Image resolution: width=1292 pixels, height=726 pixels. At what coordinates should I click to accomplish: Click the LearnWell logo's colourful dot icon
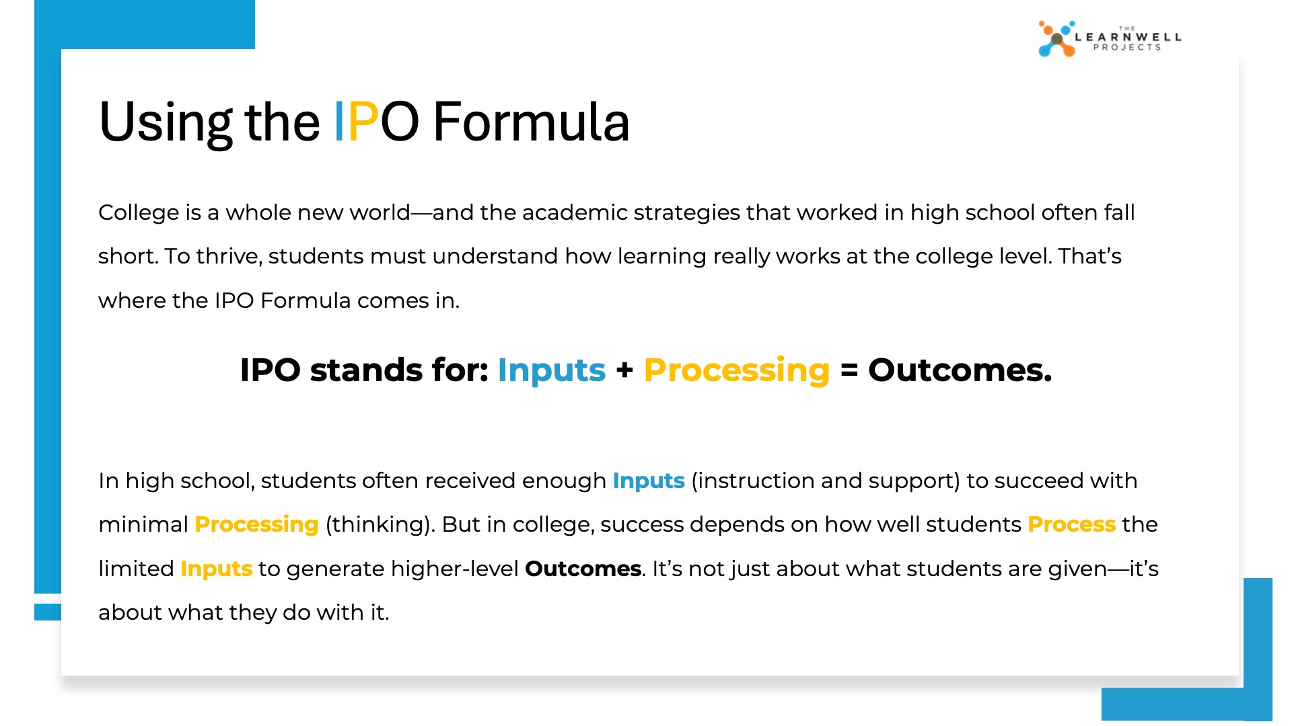click(x=1056, y=39)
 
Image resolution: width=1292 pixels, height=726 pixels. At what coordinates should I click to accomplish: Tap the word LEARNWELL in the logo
click(x=1128, y=37)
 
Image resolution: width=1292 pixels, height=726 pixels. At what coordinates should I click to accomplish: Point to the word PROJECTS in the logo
click(x=1127, y=48)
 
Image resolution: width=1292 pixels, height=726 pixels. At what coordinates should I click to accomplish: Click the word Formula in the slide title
click(x=531, y=122)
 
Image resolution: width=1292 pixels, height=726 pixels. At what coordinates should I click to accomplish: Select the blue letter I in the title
click(x=340, y=122)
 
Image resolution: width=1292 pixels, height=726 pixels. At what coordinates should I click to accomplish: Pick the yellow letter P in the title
click(x=363, y=122)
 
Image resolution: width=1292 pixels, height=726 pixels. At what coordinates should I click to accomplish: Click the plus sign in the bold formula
click(x=624, y=370)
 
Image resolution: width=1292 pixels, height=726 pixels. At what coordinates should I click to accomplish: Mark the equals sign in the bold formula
click(x=849, y=370)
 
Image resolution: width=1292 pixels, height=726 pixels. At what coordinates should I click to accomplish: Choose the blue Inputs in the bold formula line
click(x=552, y=370)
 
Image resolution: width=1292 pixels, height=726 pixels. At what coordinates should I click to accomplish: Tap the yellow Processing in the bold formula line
click(x=737, y=370)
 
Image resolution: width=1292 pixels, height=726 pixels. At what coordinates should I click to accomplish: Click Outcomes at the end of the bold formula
click(x=960, y=370)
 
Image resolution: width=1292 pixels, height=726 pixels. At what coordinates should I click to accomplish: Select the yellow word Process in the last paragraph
click(x=1072, y=524)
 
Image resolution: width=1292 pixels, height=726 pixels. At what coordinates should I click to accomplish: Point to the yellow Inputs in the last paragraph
click(x=217, y=569)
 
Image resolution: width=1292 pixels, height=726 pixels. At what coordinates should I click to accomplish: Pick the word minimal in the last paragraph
click(x=143, y=524)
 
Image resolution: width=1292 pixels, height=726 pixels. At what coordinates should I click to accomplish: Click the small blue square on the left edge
click(x=48, y=612)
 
